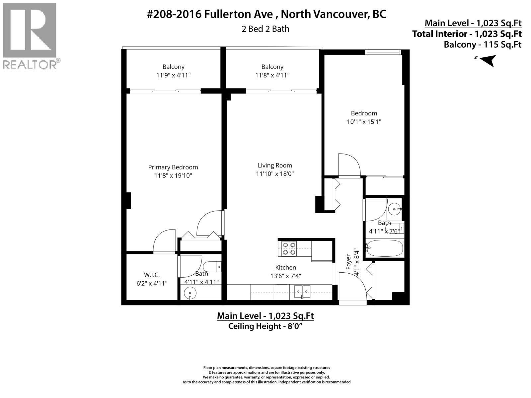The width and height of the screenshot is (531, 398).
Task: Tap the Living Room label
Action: tap(275, 165)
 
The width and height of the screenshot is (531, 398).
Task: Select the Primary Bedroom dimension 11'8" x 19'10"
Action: tap(173, 175)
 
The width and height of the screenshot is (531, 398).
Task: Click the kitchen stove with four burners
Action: tap(288, 248)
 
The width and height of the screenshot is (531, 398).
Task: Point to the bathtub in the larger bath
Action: tap(385, 248)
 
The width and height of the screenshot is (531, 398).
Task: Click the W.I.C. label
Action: tap(152, 275)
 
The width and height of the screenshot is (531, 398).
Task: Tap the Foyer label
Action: tap(348, 262)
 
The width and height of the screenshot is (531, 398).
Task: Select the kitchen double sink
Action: tap(302, 292)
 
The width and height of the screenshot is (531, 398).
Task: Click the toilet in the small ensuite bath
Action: tap(212, 266)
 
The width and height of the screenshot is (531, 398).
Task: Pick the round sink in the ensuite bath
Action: tap(190, 293)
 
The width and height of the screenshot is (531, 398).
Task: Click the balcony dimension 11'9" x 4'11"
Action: tap(173, 75)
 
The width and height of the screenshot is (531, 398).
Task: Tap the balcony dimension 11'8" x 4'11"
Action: tap(272, 75)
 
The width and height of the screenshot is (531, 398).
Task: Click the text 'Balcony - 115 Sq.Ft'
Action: tap(483, 44)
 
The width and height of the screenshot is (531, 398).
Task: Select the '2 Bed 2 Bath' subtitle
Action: tap(265, 29)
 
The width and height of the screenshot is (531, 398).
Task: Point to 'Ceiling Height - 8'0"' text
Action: tap(265, 326)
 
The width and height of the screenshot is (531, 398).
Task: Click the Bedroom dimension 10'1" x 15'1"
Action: tap(364, 121)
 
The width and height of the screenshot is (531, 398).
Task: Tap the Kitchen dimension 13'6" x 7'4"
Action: tap(285, 276)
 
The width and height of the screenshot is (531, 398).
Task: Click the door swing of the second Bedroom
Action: tap(349, 165)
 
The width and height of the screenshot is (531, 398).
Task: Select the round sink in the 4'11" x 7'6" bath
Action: tap(395, 209)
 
